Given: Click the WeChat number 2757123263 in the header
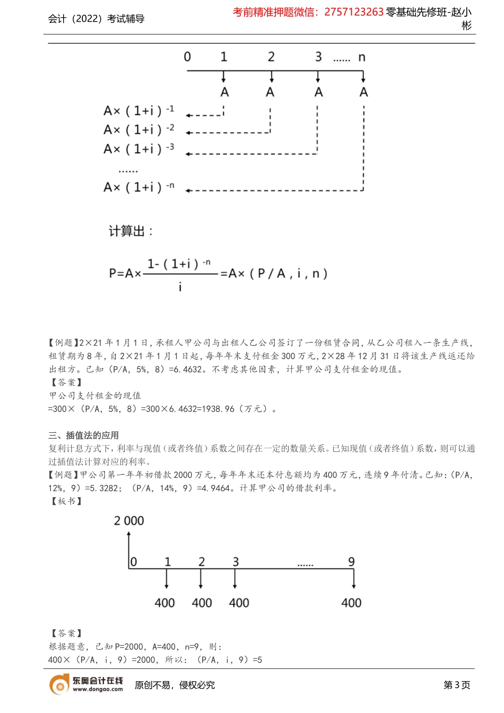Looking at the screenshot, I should [x=353, y=12].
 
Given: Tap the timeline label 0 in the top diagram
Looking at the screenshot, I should [x=187, y=57].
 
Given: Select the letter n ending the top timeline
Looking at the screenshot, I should [x=362, y=57].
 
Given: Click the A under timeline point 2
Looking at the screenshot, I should [x=270, y=92].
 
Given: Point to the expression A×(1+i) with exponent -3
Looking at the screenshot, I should [x=138, y=149].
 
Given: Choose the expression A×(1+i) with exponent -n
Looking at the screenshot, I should [x=138, y=187].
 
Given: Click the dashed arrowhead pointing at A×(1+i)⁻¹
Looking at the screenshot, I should [x=189, y=115].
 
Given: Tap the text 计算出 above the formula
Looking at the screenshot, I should [x=131, y=231].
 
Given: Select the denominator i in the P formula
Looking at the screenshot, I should [x=180, y=287].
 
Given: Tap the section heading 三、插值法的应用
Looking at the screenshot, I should [x=83, y=436].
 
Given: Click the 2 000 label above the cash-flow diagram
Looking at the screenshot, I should [x=129, y=521].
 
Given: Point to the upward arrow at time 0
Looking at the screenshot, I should [x=129, y=544].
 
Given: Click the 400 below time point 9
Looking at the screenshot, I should [x=351, y=603].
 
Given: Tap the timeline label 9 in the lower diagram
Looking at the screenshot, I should [x=351, y=562].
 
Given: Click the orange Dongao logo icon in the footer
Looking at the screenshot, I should [x=59, y=685].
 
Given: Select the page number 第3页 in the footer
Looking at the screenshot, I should [x=457, y=685].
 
